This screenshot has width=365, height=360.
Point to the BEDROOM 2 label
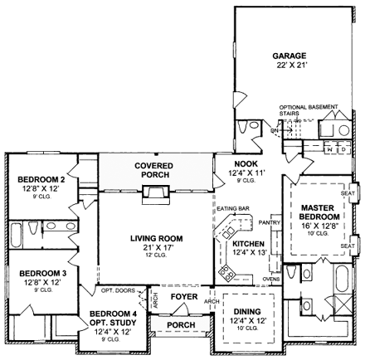coord(41,179)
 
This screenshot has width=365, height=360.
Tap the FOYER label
coord(183,296)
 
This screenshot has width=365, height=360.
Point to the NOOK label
coord(247,163)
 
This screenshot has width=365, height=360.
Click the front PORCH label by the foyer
coord(182,324)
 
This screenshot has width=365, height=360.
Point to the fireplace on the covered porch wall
coord(153,193)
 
